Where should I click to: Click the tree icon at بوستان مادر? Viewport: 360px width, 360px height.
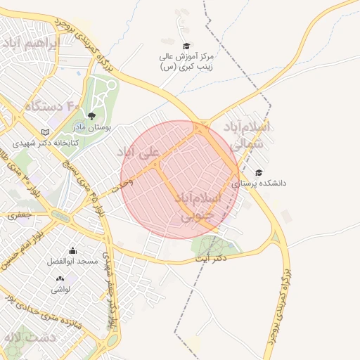click(x=91, y=116)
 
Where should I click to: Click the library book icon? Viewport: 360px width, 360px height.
click(x=46, y=132)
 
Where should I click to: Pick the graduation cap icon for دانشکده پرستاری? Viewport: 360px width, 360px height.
click(x=259, y=172)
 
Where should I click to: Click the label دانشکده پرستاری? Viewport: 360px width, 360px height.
click(x=260, y=184)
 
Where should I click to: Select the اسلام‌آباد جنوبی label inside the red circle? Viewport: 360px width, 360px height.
click(x=201, y=208)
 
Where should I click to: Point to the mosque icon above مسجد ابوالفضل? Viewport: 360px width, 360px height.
click(x=72, y=250)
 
